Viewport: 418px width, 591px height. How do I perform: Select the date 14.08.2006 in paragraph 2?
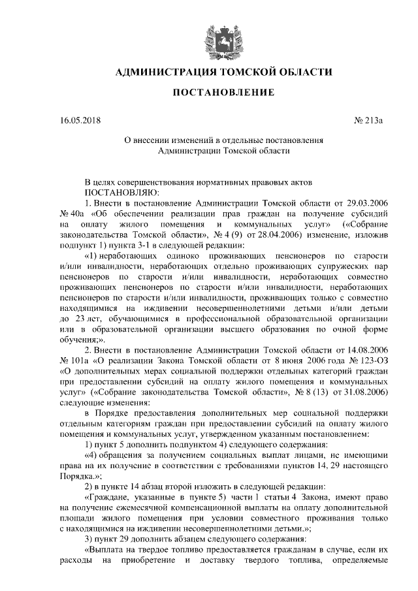tap(366, 350)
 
